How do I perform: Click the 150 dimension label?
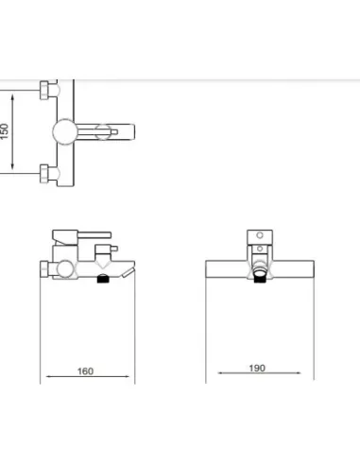5,131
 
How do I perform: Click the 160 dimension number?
85,371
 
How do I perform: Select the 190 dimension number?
257,368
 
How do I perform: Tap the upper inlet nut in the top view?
44,90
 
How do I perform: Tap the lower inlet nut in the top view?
44,174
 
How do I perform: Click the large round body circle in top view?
65,131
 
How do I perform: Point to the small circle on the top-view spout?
103,131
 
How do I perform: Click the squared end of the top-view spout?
131,131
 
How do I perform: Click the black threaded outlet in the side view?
102,279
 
